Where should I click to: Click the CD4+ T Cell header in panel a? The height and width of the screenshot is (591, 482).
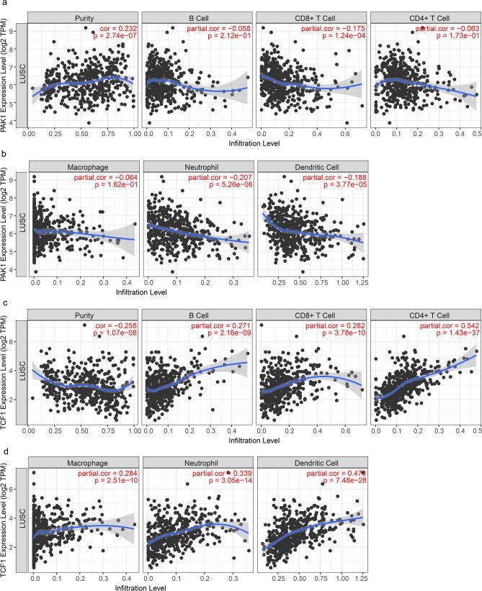(x=425, y=14)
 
